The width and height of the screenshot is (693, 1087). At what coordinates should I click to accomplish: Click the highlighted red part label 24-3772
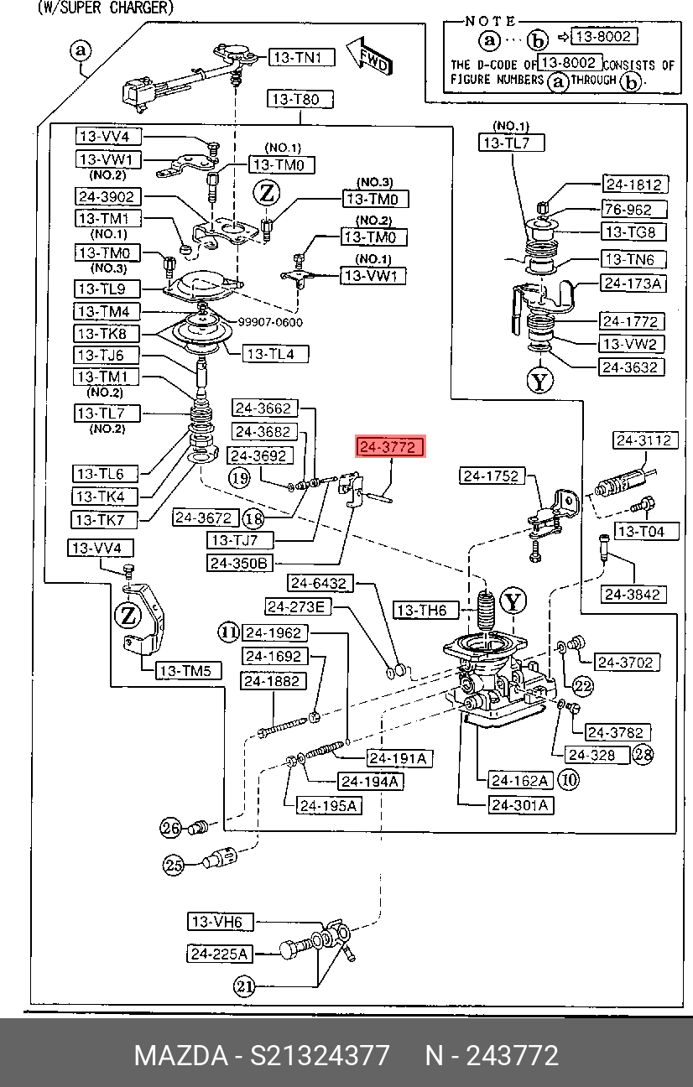click(390, 446)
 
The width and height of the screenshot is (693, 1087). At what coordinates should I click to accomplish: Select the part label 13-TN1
click(302, 58)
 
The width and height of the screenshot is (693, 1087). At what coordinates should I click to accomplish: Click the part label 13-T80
click(300, 100)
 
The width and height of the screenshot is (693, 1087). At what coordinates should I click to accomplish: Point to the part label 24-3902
click(108, 196)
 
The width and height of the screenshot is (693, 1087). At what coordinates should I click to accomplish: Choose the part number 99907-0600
click(270, 322)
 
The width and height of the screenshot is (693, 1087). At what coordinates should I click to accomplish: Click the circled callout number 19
click(239, 479)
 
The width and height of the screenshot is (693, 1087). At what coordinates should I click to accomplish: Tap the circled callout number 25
click(173, 865)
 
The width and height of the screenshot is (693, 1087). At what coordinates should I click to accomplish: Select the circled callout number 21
click(244, 986)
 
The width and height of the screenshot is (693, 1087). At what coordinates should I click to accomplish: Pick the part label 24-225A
click(220, 954)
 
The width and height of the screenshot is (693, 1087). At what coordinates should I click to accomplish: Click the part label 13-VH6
click(221, 922)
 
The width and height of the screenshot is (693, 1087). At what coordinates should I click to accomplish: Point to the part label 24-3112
click(645, 440)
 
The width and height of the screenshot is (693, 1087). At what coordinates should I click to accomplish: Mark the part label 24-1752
click(492, 476)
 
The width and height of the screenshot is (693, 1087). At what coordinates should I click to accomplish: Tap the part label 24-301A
click(521, 805)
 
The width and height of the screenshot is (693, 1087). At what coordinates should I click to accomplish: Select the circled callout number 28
click(643, 754)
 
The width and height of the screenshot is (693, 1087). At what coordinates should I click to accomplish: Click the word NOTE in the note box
click(490, 21)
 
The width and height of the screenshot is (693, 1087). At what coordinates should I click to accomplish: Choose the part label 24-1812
click(635, 185)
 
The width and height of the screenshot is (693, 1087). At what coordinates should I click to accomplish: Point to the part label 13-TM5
click(188, 671)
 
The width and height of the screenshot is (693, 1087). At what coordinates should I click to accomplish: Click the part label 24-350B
click(240, 563)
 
